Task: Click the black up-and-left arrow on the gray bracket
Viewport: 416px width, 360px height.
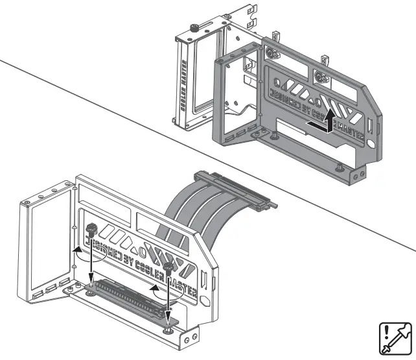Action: pos(323,122)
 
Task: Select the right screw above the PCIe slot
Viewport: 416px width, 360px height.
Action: pos(168,266)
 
